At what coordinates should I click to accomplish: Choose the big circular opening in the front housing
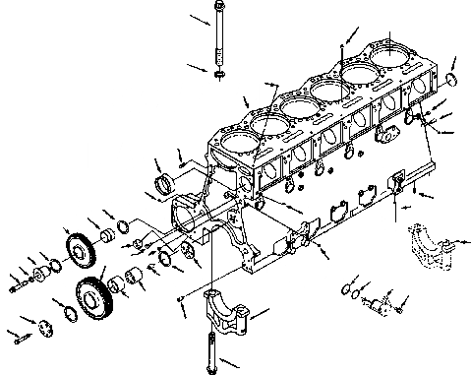point(185,215)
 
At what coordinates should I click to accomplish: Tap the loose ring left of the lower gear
point(71,314)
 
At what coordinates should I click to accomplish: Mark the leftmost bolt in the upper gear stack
point(17,287)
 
